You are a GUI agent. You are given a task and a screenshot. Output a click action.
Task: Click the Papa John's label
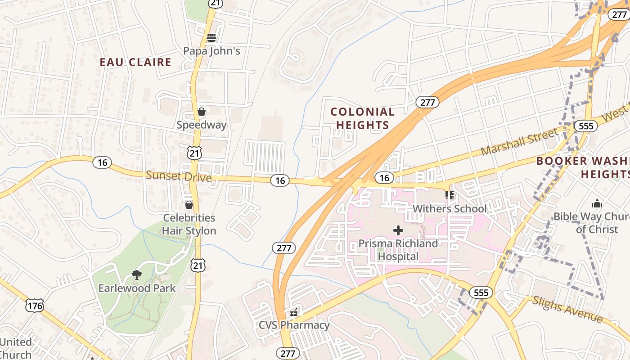point(211,51)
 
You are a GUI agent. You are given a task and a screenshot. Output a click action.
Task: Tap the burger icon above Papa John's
point(211,38)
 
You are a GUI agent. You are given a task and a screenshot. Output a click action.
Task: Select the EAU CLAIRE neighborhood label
point(135,62)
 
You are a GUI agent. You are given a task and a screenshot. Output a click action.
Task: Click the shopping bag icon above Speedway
point(202,112)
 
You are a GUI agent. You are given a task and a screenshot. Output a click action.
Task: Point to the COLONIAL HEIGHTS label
point(362,118)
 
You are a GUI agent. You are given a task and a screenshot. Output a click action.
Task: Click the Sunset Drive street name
point(179,176)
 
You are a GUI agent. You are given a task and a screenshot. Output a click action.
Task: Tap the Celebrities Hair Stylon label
point(189,224)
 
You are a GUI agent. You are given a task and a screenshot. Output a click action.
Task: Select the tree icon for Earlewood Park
point(137,274)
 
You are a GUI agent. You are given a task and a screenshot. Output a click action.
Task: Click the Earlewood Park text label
point(137,288)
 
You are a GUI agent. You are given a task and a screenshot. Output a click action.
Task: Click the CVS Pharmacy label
point(294,325)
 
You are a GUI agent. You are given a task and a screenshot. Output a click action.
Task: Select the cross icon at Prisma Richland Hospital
point(398,230)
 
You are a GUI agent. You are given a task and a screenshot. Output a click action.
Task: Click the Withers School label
point(450,208)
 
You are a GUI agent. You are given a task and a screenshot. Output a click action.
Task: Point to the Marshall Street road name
point(519,141)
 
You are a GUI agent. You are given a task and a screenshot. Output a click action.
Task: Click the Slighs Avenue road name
point(567,310)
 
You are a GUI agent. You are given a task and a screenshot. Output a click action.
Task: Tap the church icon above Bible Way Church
point(597,203)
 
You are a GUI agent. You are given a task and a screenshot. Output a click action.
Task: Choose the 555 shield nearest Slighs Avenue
point(481,293)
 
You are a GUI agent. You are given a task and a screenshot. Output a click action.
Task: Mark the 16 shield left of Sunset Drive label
point(103,162)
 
